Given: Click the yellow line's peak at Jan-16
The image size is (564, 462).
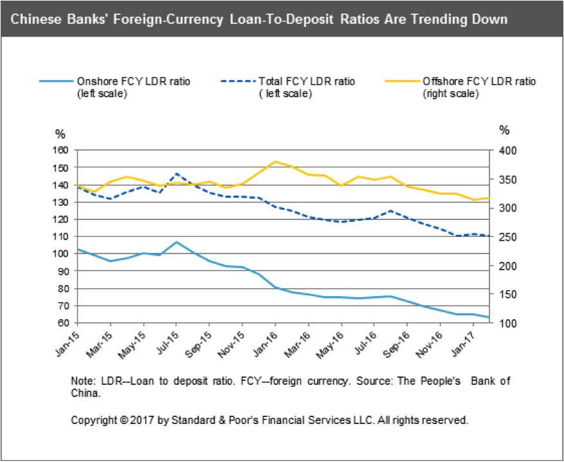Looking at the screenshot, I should tap(275, 162).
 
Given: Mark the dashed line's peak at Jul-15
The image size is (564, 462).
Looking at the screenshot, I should tap(176, 174).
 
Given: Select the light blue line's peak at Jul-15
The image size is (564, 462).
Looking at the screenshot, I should tap(176, 242).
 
